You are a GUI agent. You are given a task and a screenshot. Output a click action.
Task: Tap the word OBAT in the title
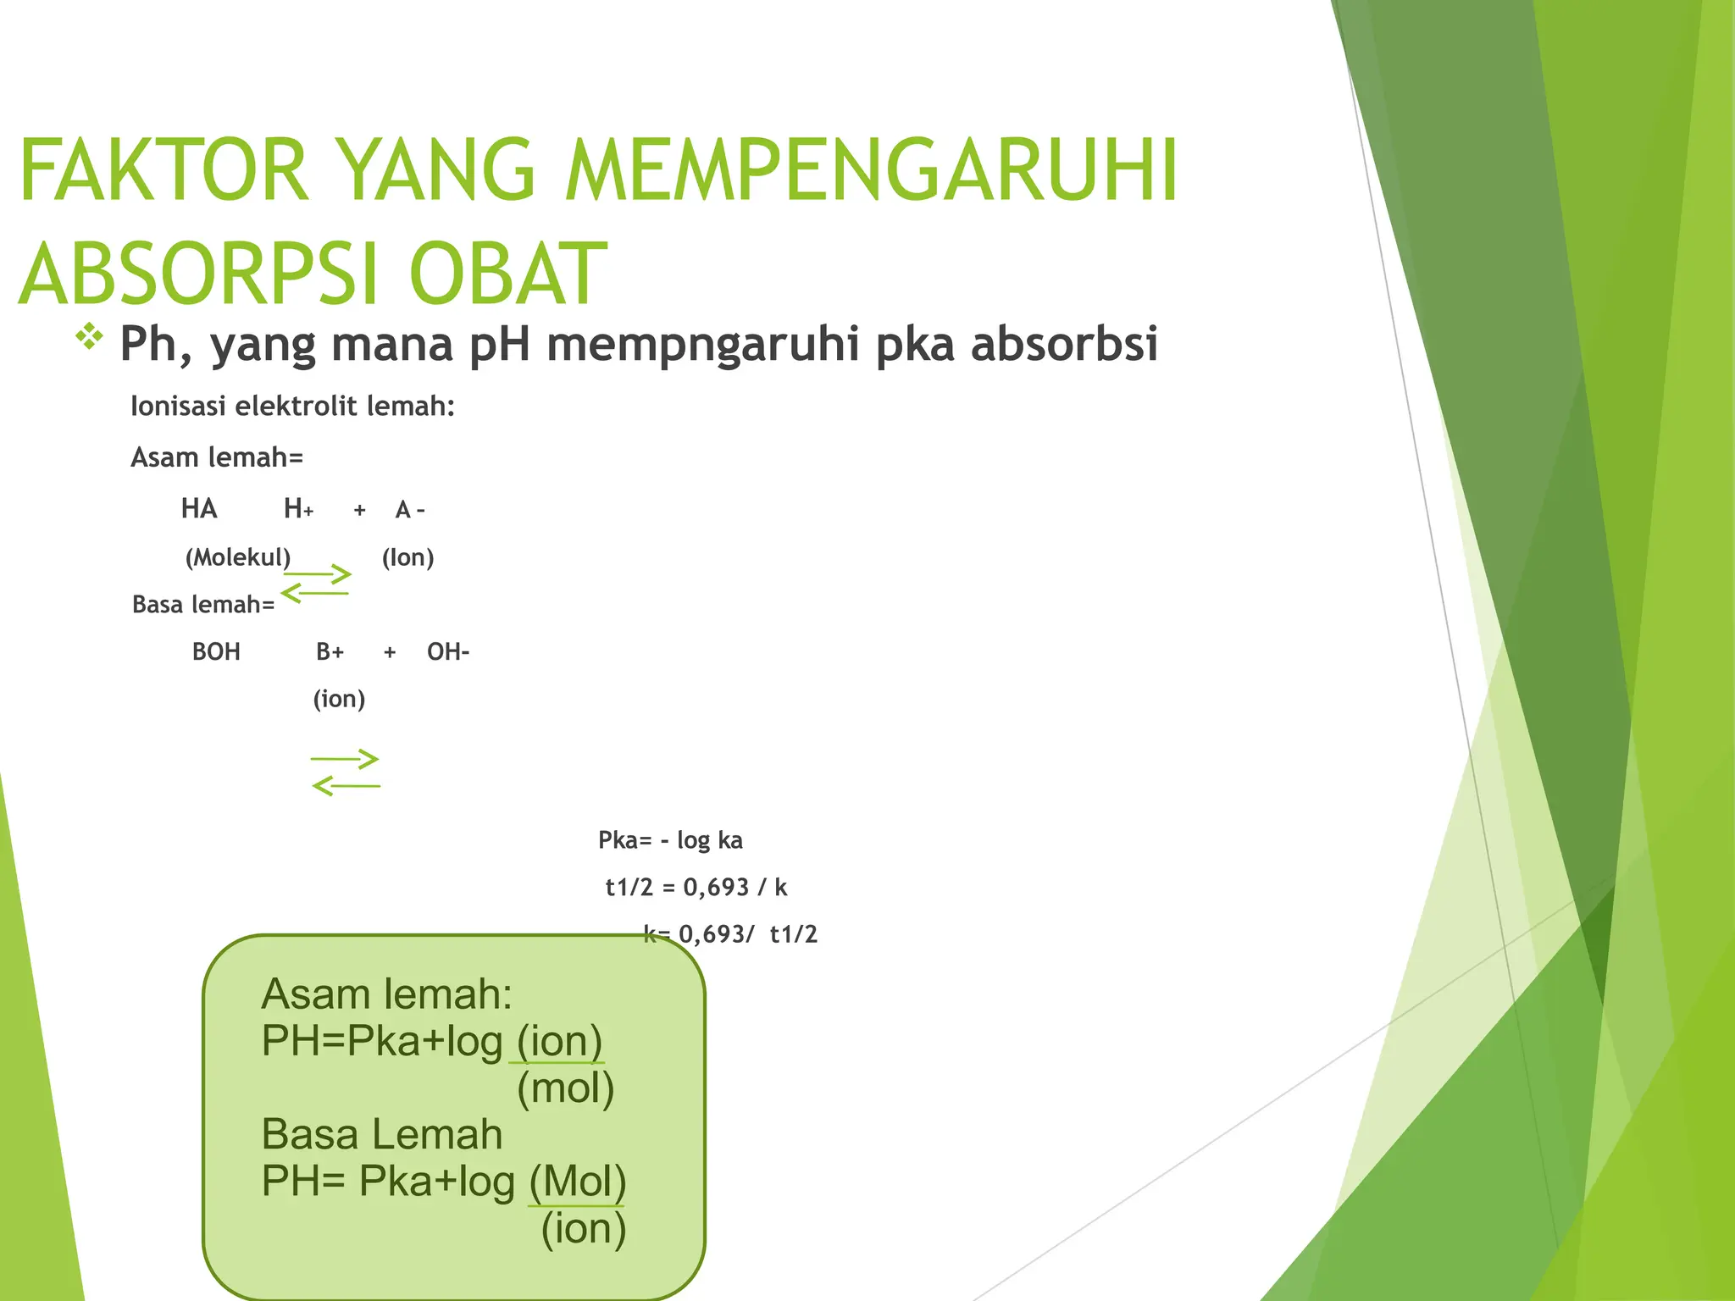click(508, 274)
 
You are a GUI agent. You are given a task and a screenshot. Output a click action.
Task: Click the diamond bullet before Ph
click(89, 337)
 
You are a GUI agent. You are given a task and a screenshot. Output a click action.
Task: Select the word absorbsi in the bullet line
click(1064, 344)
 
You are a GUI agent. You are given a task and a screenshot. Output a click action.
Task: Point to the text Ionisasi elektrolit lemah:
click(292, 407)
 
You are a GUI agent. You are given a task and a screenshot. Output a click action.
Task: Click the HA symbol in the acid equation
click(199, 509)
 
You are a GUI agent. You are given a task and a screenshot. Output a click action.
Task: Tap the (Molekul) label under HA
click(238, 557)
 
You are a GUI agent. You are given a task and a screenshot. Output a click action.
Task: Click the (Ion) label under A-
click(407, 557)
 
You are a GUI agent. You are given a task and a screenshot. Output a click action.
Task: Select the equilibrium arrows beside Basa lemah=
click(316, 584)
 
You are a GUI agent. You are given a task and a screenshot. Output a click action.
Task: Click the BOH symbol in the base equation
click(216, 652)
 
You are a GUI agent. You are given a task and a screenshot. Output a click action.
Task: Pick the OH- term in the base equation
click(448, 652)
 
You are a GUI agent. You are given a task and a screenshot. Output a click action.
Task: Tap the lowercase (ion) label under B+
click(339, 700)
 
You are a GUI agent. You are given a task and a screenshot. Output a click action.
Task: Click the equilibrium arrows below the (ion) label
click(346, 772)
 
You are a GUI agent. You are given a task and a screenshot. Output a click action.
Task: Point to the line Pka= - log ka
click(670, 840)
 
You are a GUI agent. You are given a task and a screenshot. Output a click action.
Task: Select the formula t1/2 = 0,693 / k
click(696, 888)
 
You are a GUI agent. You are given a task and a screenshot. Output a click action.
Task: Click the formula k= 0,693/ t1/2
click(730, 934)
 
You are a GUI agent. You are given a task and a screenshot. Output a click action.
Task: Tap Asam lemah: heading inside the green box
click(386, 994)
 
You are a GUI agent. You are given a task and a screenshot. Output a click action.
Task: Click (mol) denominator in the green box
click(565, 1088)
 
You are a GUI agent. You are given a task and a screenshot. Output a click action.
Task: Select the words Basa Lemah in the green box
click(381, 1135)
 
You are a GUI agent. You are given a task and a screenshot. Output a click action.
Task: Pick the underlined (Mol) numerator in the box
click(578, 1182)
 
